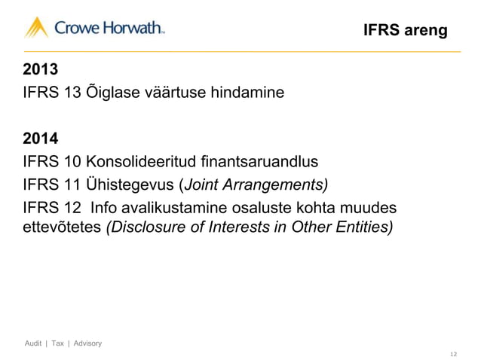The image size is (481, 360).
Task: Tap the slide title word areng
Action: [426, 31]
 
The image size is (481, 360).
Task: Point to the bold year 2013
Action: [41, 72]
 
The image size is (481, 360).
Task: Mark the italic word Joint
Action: [202, 185]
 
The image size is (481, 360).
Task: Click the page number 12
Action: [453, 351]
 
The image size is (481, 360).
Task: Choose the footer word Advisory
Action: [84, 344]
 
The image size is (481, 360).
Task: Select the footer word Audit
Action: [33, 344]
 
